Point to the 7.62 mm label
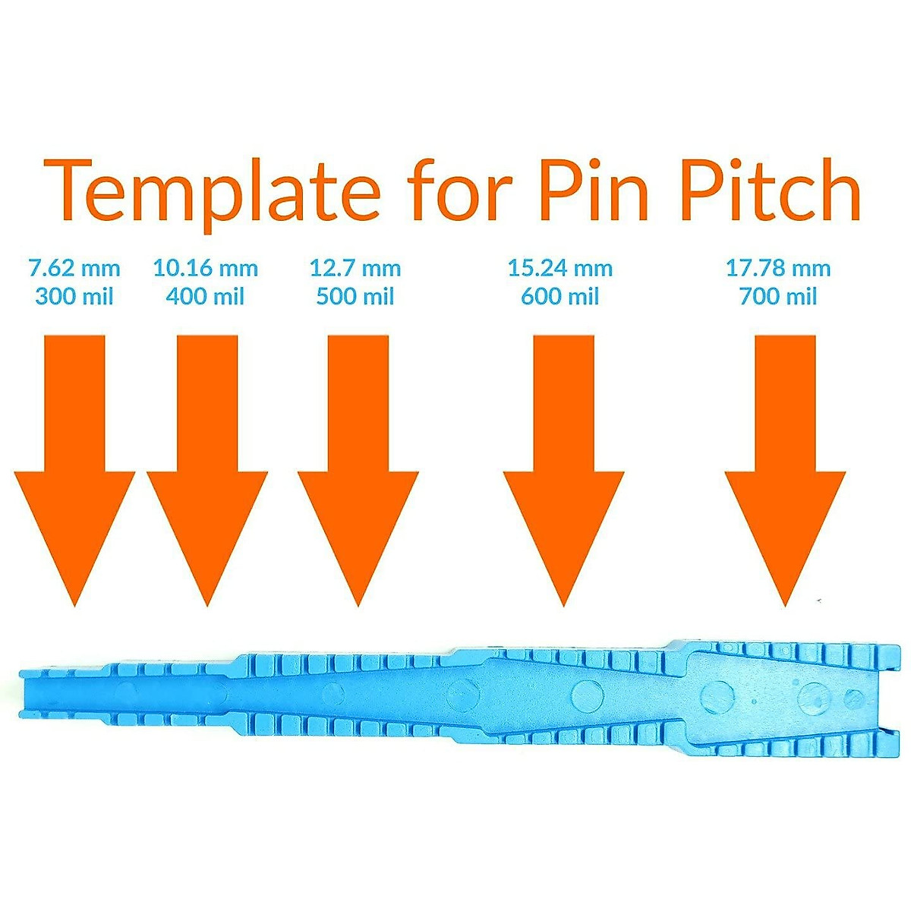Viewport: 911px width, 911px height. pos(74,268)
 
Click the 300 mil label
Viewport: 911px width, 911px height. pos(74,295)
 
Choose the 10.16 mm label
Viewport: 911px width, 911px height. pos(206,268)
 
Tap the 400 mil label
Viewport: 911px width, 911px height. pos(206,295)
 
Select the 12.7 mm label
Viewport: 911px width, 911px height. pos(355,268)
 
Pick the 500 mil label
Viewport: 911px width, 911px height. pos(355,295)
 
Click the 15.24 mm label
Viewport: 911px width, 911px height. pos(560,268)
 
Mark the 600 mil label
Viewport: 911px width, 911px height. pos(560,295)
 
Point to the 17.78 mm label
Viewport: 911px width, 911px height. pos(778,268)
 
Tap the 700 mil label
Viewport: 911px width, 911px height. pos(778,295)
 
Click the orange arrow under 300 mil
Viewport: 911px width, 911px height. pos(74,471)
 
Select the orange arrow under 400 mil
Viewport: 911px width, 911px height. pos(207,471)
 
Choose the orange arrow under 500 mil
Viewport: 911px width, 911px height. pos(358,471)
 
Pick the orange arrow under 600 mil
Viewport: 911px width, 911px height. pos(563,471)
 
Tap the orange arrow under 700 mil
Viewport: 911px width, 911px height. pos(785,471)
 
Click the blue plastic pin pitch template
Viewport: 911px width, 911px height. pos(455,695)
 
